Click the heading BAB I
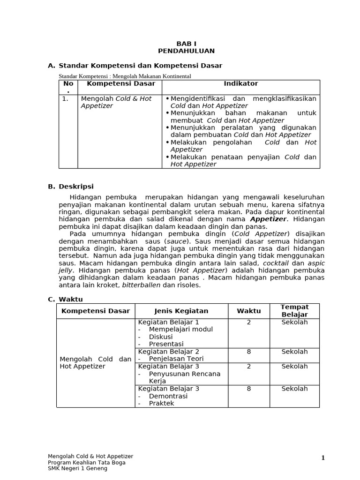point(186,44)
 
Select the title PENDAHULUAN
point(186,51)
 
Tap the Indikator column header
point(240,84)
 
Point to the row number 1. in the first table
point(65,99)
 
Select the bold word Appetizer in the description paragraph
point(268,219)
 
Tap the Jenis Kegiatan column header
point(181,311)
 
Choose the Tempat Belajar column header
point(294,311)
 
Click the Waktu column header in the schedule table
point(248,311)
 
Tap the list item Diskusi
point(160,337)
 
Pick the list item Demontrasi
point(168,396)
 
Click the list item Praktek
point(161,403)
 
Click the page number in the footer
point(322,458)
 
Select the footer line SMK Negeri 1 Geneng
point(77,468)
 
